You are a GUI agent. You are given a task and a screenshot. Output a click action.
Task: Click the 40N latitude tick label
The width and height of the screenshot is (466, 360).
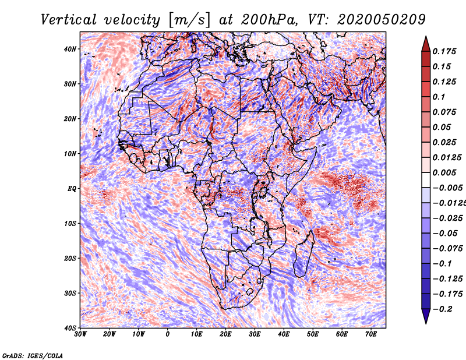click(70, 49)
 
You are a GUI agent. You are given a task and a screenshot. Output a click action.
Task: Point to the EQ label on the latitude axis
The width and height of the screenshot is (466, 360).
click(72, 189)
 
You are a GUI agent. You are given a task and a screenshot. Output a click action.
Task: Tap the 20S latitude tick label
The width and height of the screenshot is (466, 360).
click(70, 258)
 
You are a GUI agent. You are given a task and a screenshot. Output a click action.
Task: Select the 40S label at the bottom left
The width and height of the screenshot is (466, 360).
click(70, 328)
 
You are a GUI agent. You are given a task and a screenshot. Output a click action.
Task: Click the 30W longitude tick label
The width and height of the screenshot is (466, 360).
click(80, 334)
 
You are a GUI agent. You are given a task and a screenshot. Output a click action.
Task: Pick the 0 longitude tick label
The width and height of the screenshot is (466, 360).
click(168, 334)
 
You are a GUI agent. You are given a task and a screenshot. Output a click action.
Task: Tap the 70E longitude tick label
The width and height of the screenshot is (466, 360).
click(371, 334)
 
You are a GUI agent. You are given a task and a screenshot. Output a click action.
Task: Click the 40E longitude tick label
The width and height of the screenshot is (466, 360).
click(284, 334)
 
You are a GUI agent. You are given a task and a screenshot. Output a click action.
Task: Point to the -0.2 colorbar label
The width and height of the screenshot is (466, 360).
click(443, 309)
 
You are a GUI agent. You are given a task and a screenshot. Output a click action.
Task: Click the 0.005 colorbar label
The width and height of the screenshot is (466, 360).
click(444, 172)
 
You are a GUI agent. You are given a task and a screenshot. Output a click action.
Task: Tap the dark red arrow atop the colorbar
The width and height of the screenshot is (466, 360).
click(426, 44)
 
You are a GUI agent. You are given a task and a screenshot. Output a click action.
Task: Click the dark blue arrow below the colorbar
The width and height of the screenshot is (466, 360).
click(426, 316)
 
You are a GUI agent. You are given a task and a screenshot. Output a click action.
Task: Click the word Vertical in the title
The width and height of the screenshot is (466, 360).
click(69, 20)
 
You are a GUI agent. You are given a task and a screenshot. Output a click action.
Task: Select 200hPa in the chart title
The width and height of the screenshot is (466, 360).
click(269, 20)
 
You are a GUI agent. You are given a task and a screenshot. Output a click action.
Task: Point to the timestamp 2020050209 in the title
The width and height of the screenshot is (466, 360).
click(382, 20)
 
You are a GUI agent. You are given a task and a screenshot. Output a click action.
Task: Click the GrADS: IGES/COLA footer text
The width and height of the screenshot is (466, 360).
click(33, 355)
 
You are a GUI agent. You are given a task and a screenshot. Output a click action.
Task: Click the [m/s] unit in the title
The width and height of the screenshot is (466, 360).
click(189, 20)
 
